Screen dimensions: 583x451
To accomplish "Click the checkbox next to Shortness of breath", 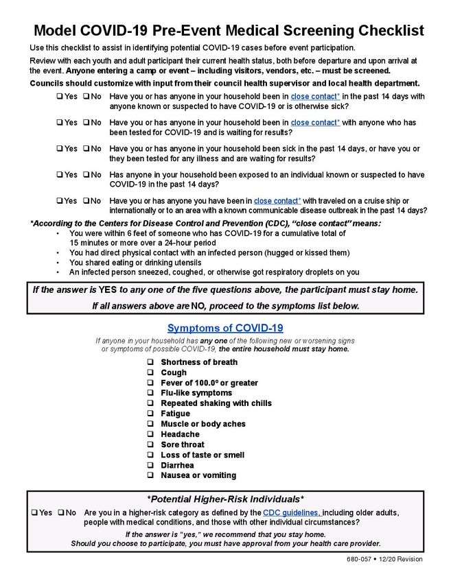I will point(150,362).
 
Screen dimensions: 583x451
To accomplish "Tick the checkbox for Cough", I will point(150,372).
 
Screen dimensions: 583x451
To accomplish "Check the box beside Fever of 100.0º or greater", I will point(150,383).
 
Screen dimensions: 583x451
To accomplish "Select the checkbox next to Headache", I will point(150,434).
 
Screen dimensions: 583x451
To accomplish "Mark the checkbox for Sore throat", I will point(150,444).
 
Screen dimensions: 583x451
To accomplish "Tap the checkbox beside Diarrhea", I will point(150,465).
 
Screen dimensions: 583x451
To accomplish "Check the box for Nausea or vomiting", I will point(150,475).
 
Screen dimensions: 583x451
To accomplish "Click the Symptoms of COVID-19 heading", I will point(225,328).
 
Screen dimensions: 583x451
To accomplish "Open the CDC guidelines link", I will point(292,512).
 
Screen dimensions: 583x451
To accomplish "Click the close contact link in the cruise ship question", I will point(277,200).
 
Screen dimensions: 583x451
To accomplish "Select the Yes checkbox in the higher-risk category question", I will point(34,512).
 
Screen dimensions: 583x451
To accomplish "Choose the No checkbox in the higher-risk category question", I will point(62,512).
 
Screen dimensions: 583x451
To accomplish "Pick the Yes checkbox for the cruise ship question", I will point(60,200).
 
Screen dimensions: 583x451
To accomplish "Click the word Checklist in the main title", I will point(384,31).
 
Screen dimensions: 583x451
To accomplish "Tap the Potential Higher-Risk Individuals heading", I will point(225,499).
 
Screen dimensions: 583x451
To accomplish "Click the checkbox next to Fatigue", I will point(150,414).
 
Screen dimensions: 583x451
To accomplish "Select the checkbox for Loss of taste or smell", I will point(150,455).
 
